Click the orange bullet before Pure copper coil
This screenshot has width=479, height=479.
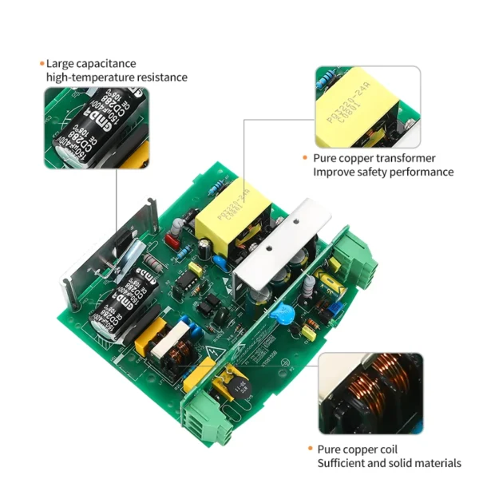coord(310,449)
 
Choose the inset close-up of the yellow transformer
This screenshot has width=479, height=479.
coord(367,107)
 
